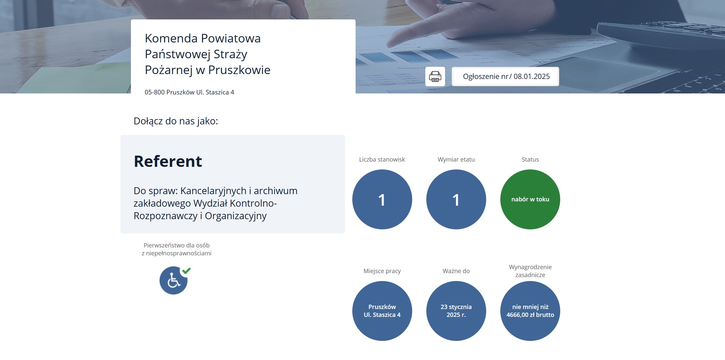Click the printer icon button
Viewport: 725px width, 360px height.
(435, 76)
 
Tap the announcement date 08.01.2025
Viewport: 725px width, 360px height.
(532, 76)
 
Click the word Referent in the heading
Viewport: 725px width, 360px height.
(168, 161)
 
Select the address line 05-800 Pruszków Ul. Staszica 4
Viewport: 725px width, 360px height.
(189, 92)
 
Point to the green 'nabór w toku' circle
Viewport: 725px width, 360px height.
(530, 199)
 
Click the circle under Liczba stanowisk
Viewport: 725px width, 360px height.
(382, 199)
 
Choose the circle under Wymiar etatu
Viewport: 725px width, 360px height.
(456, 199)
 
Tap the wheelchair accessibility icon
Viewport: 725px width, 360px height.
(173, 281)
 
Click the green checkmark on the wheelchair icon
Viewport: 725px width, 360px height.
(187, 270)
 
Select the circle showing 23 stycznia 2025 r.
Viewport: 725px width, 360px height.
(456, 311)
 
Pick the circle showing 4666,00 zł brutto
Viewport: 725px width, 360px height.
(530, 311)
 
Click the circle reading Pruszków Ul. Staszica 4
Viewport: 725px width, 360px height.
(382, 311)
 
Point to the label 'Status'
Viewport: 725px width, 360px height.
(530, 159)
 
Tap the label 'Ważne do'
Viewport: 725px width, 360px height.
(456, 271)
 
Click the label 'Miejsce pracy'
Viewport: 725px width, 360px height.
(382, 271)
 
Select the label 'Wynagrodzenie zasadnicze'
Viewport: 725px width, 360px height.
(530, 271)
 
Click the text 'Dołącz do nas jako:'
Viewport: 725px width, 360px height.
(176, 121)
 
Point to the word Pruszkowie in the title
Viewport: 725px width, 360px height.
(239, 70)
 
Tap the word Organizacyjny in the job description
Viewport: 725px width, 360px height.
(236, 216)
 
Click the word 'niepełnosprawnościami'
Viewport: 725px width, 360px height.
(179, 253)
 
